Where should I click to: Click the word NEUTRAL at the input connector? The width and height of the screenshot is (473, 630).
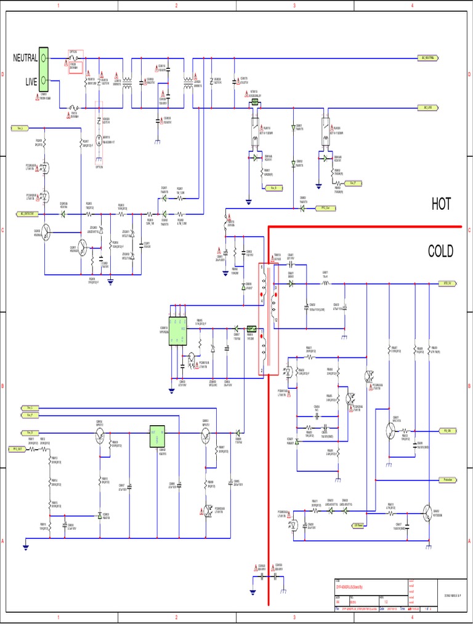pyautogui.click(x=25, y=58)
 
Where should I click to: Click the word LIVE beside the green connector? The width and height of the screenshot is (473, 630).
pyautogui.click(x=31, y=81)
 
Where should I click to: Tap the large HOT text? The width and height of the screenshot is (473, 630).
pyautogui.click(x=441, y=204)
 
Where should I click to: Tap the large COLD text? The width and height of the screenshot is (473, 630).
pyautogui.click(x=441, y=251)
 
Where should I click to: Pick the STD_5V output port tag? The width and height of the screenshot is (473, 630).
pyautogui.click(x=449, y=284)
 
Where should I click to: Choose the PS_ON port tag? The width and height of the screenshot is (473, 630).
pyautogui.click(x=449, y=431)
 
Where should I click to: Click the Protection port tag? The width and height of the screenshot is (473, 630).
pyautogui.click(x=449, y=479)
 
